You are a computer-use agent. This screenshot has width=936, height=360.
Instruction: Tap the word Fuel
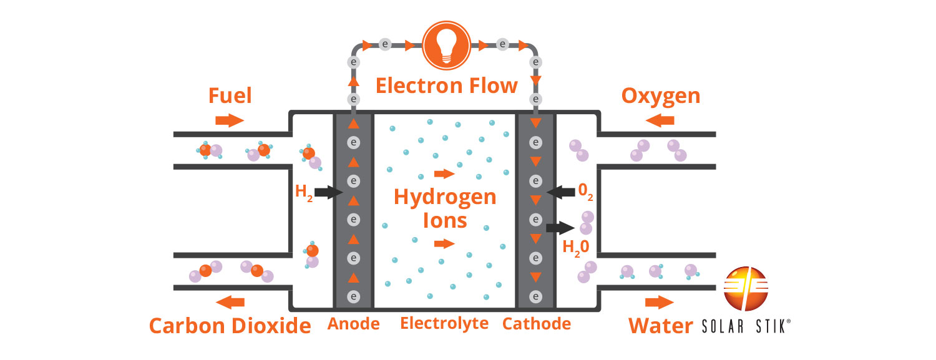230,96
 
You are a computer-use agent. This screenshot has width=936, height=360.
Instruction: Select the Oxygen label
661,96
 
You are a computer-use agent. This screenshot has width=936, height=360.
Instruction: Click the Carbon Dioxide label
230,326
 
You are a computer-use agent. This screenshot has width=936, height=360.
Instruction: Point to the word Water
660,326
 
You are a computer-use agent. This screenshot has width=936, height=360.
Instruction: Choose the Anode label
354,324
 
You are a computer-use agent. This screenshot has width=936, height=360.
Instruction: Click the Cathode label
536,324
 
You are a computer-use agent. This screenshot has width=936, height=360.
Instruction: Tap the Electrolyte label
444,324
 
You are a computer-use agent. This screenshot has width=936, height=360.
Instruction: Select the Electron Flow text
446,85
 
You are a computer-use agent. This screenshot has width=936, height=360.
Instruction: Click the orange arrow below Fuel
230,120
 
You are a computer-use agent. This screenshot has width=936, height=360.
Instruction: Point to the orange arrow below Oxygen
660,120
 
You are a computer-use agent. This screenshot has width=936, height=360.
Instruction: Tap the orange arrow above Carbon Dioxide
230,303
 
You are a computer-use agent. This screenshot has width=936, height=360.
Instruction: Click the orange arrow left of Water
660,303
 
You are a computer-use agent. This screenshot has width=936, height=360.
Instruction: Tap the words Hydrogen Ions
445,208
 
